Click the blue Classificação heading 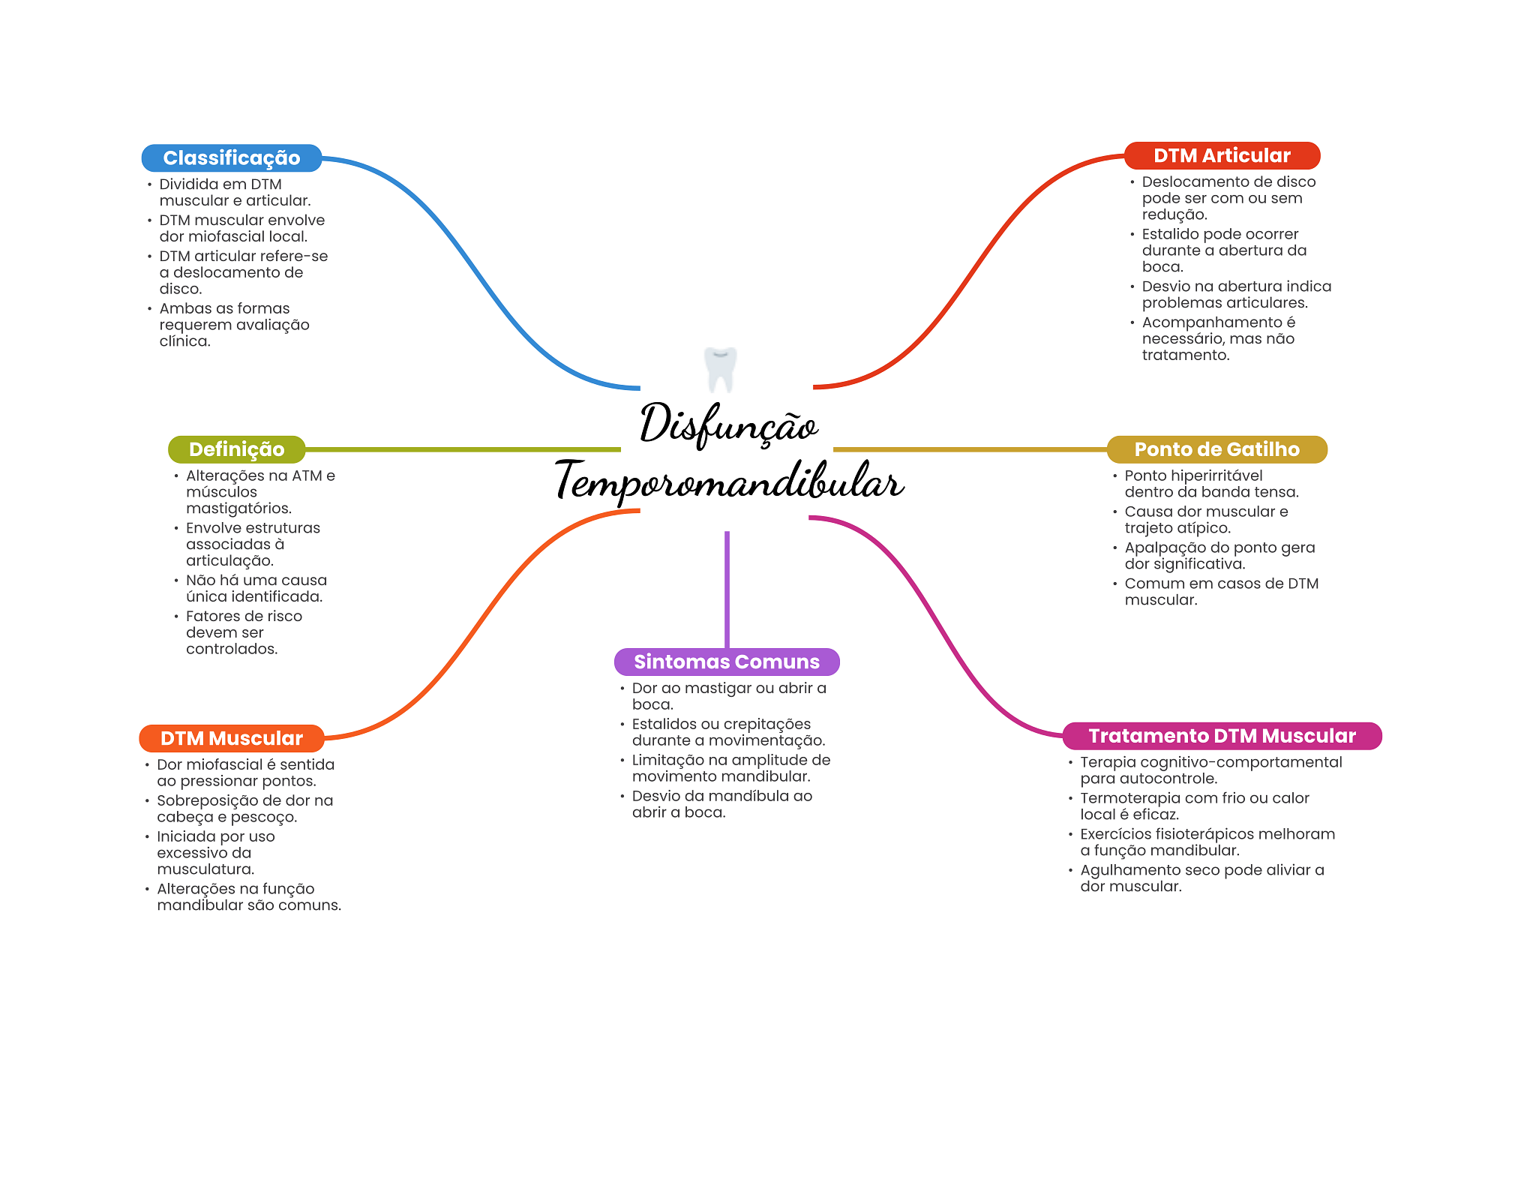click(x=232, y=158)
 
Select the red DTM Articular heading click(x=1222, y=156)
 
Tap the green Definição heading click(x=236, y=449)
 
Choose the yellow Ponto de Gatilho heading click(x=1216, y=449)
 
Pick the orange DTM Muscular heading click(x=232, y=738)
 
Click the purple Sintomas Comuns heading click(x=727, y=662)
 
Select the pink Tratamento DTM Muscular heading click(x=1222, y=736)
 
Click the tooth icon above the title click(x=721, y=368)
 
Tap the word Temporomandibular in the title click(x=729, y=482)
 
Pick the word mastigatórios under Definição click(x=238, y=509)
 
